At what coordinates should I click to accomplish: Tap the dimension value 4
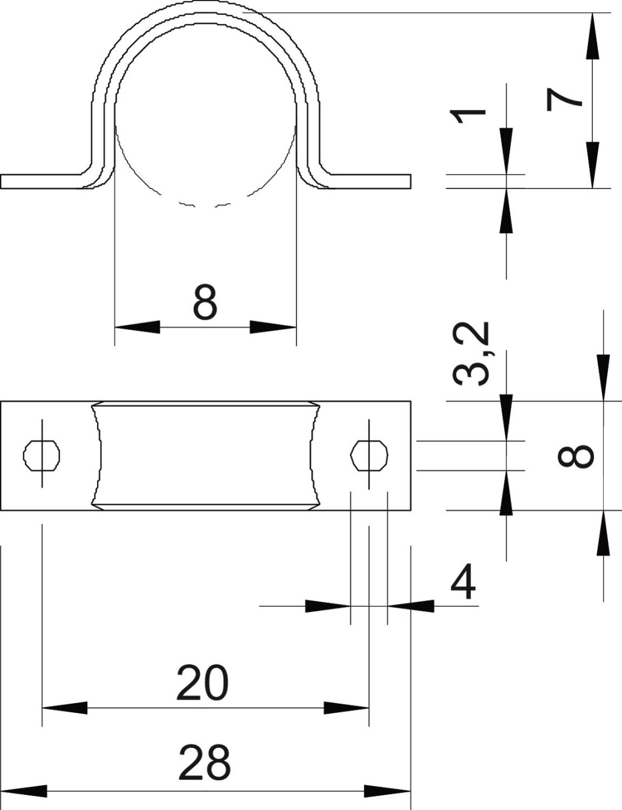pos(463,582)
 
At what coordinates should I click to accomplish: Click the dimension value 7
pos(564,100)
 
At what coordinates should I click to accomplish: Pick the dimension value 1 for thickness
pos(468,116)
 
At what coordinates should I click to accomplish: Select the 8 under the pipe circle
pos(205,302)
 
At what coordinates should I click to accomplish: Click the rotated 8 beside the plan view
pos(575,456)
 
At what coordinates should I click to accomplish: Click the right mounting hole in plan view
pos(369,456)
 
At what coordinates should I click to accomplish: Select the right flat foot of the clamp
pos(367,182)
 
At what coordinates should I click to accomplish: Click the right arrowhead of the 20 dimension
pos(346,707)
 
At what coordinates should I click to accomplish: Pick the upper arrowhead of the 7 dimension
pos(593,36)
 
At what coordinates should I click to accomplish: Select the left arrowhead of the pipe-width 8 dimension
pos(137,327)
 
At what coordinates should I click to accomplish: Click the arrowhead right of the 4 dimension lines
pos(411,606)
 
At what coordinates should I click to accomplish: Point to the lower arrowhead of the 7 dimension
pos(593,165)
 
